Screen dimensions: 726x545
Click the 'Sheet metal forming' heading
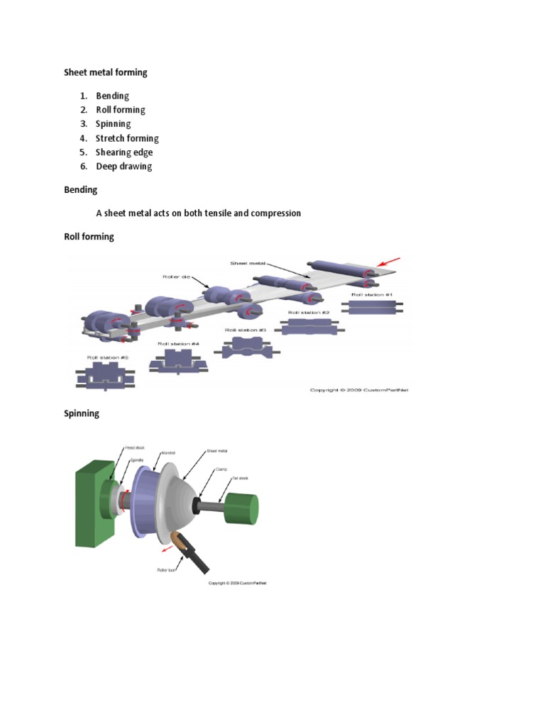tap(106, 72)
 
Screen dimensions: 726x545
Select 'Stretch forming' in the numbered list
tap(127, 138)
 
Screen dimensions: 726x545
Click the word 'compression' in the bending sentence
tap(272, 213)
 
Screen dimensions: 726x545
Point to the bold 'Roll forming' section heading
tap(89, 237)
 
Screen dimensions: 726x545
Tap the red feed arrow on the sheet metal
tap(390, 263)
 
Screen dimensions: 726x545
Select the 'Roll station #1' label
tap(372, 294)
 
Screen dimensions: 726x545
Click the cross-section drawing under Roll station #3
tap(245, 347)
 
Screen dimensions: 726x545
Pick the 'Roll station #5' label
tap(107, 358)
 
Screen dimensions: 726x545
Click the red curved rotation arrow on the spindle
tap(123, 501)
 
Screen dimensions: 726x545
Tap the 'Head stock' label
tap(134, 448)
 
